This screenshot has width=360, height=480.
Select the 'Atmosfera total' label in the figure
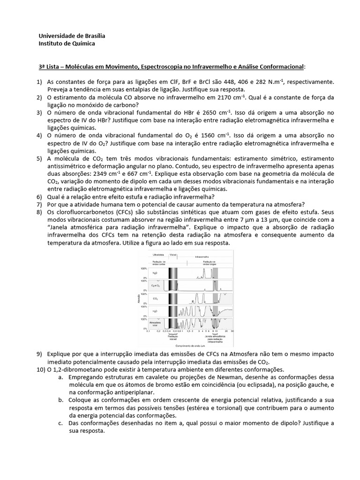point(154,323)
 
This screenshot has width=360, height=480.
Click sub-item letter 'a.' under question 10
point(61,377)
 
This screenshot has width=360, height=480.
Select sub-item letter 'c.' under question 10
point(61,423)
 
